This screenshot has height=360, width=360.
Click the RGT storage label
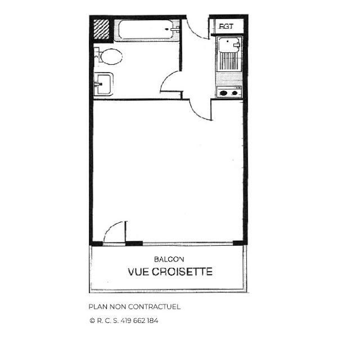coord(226,26)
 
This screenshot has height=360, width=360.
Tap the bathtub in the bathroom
coord(147,30)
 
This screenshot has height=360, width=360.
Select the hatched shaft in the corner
coord(101,29)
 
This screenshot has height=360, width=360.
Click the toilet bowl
coord(111,56)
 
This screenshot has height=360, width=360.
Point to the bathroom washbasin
coord(103,84)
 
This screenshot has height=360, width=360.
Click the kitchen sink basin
coord(228,45)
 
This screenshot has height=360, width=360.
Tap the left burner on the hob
coord(223,93)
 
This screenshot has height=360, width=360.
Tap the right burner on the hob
coord(235,93)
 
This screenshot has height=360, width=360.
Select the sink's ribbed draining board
coord(229,61)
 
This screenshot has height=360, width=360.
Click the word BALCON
coord(169,259)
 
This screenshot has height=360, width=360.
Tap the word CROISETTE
coord(182,272)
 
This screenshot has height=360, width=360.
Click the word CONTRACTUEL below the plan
coord(154,307)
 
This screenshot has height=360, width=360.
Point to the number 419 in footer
coord(126,321)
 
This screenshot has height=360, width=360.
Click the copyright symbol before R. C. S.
coord(92,321)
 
